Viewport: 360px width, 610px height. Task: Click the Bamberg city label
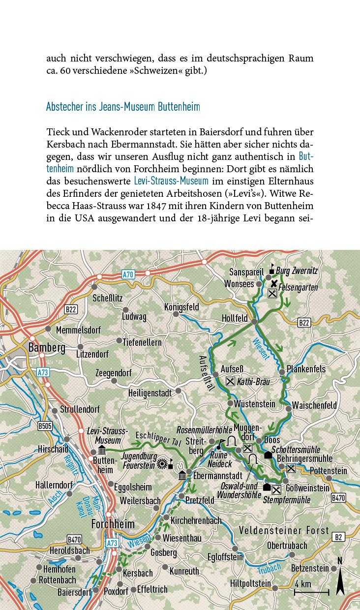pos(47,348)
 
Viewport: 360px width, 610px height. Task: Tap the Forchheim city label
pos(113,524)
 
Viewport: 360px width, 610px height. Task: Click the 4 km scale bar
pos(311,591)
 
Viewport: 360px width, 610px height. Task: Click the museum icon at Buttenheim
pos(102,451)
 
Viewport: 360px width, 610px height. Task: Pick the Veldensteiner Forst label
pos(284,531)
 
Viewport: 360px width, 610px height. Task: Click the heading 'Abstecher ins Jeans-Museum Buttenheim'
pos(123,107)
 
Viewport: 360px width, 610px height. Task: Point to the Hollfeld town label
pos(235,318)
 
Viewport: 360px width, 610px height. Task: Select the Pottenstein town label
pos(328,471)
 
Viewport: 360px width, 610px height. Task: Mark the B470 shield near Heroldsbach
pos(74,540)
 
